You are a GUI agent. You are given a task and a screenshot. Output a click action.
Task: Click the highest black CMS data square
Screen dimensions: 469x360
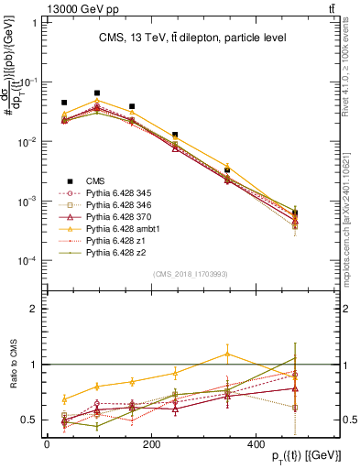pos(97,93)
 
